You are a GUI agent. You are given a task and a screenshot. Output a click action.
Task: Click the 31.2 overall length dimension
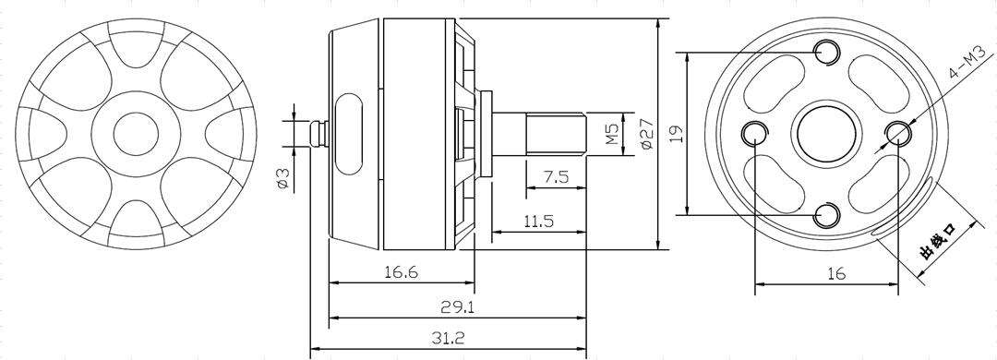click(x=449, y=339)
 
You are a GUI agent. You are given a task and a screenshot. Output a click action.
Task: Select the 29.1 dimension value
click(x=458, y=307)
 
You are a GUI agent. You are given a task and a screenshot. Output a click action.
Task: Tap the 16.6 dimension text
click(x=402, y=273)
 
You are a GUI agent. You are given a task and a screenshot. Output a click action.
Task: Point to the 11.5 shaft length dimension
click(x=538, y=222)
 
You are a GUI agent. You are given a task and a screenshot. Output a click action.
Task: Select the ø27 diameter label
click(x=646, y=134)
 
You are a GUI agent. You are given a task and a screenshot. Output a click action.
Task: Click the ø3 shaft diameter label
click(x=283, y=179)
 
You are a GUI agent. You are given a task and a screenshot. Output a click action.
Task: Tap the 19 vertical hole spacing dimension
click(x=678, y=133)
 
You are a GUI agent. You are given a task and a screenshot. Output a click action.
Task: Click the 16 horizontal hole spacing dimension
click(x=836, y=273)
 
